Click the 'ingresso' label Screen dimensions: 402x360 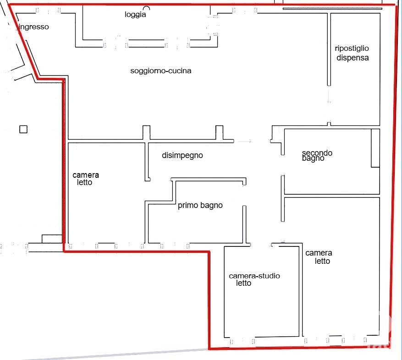34,27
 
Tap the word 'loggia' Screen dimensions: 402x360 135,14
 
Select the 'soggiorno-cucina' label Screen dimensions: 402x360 161,71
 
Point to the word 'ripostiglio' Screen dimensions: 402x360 352,49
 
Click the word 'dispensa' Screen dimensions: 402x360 352,58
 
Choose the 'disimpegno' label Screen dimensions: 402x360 182,155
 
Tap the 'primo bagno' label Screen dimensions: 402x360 200,206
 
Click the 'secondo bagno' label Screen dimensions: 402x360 317,156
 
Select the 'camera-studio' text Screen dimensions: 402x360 254,276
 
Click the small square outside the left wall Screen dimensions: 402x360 23,129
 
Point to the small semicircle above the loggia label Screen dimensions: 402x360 147,7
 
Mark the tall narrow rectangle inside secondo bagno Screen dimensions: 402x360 375,148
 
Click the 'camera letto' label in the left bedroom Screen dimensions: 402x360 86,179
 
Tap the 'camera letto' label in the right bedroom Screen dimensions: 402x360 319,257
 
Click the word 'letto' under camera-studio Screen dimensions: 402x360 243,283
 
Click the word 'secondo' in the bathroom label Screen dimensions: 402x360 317,153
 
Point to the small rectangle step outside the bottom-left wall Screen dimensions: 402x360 52,239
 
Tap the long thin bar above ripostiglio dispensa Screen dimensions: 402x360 332,9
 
